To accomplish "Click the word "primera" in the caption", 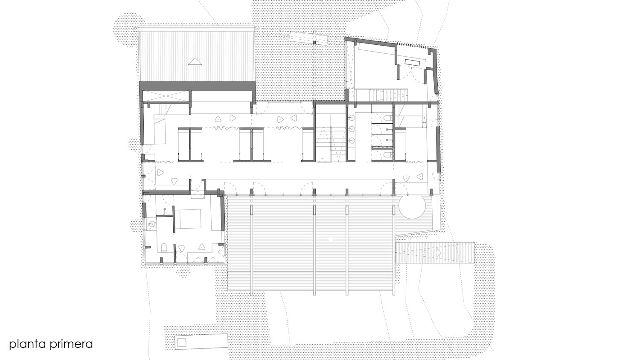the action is click(71, 344).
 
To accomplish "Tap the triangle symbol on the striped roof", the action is click(195, 61).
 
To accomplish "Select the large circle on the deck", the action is click(412, 206).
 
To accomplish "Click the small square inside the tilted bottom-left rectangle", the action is click(182, 342).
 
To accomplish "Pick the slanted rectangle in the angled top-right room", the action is click(412, 63).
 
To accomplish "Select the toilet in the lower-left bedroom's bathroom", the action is click(164, 247).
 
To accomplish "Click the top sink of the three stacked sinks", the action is click(352, 117).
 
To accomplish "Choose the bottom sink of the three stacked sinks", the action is click(352, 140).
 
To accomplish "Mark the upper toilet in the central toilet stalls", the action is click(387, 118).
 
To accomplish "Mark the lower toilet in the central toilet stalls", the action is click(387, 155).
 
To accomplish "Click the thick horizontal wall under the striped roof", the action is click(197, 86).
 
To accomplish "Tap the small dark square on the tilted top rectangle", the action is click(314, 43).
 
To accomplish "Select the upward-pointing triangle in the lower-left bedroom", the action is click(202, 246).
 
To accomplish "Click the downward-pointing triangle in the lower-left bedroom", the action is click(182, 248).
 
